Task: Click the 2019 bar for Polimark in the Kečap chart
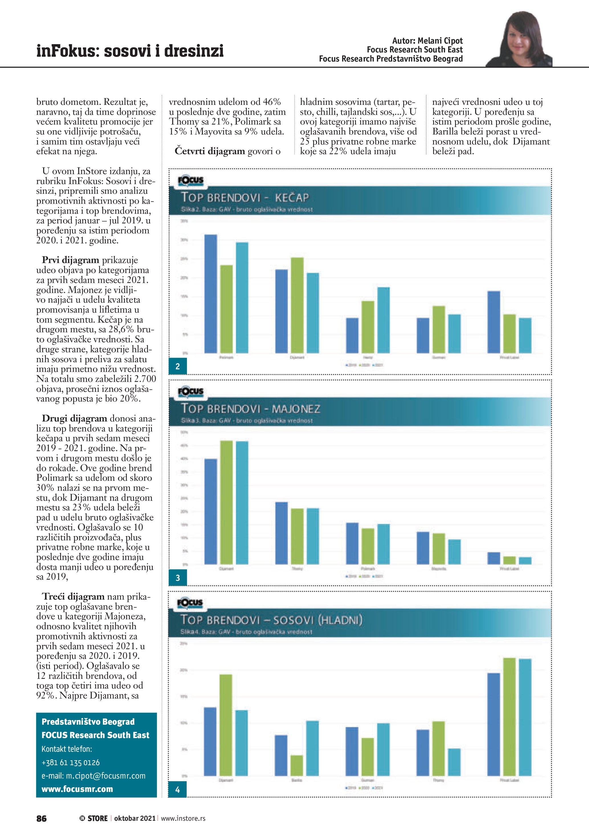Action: [211, 294]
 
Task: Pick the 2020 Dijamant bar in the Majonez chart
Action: [226, 502]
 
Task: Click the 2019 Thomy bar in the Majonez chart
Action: [282, 533]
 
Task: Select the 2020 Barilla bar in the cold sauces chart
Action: [297, 765]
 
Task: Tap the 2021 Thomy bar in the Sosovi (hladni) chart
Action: [454, 762]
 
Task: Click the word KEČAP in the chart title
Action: [292, 198]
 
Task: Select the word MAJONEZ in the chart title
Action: [296, 409]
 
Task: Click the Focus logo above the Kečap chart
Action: [190, 180]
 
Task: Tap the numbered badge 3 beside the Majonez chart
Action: [178, 578]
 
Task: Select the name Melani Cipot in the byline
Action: [440, 41]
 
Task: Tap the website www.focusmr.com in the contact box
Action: [77, 789]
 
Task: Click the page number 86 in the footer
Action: [41, 818]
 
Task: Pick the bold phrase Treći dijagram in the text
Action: [73, 596]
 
